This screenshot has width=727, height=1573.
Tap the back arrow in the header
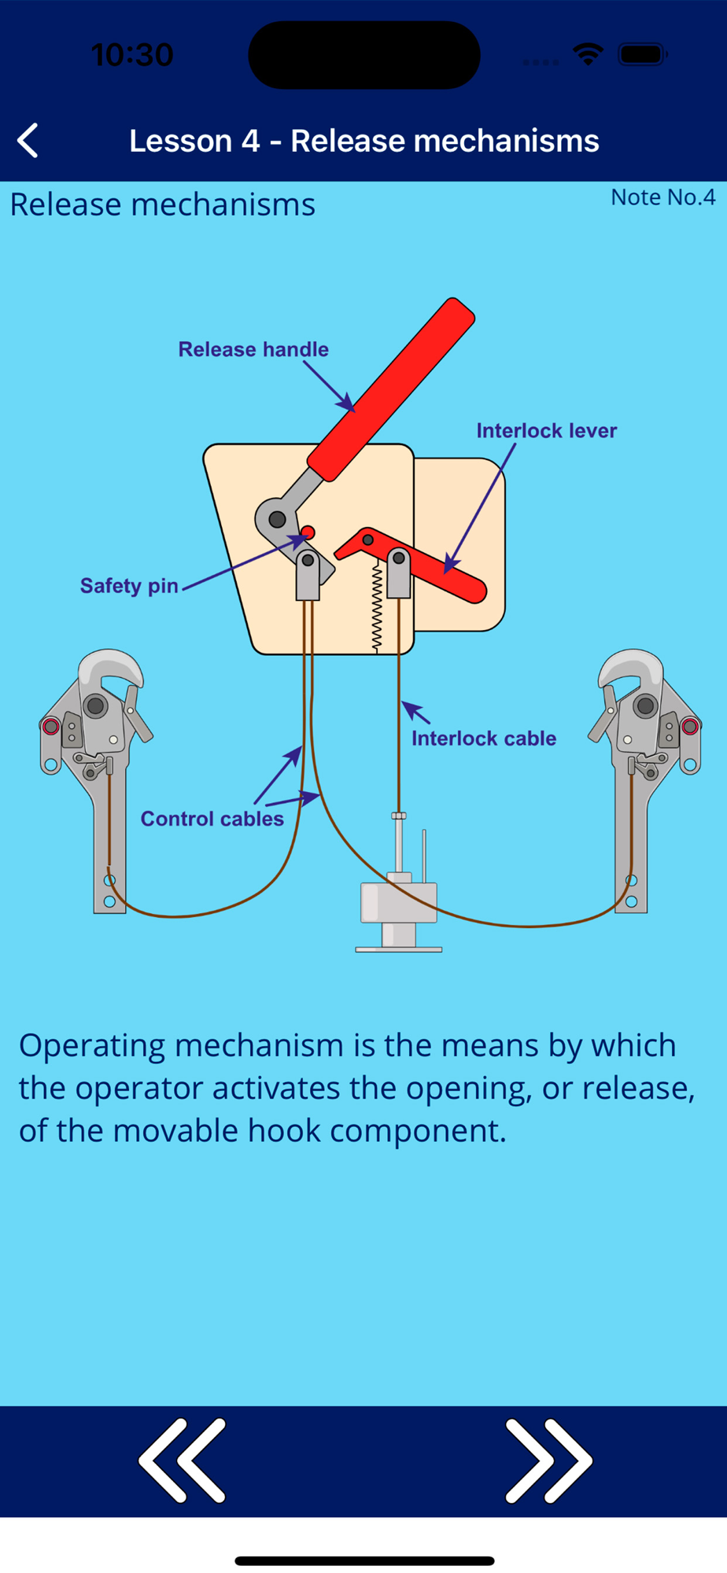[28, 141]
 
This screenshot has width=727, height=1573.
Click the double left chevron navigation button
[183, 1460]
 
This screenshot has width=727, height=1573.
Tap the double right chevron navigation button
[548, 1460]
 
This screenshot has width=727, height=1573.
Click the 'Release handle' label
[253, 349]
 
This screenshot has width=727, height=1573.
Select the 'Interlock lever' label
[546, 431]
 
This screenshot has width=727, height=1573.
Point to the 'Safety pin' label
[129, 586]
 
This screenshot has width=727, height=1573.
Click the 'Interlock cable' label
[483, 739]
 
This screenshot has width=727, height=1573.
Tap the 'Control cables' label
[212, 819]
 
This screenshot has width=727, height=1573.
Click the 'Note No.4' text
[662, 197]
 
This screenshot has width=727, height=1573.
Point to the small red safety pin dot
[308, 532]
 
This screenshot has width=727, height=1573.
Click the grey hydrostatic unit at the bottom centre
[399, 904]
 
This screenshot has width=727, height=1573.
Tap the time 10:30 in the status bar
[131, 55]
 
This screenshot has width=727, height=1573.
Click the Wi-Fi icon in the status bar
[588, 54]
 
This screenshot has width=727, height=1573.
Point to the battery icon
[643, 54]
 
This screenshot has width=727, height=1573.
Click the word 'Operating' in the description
[92, 1045]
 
